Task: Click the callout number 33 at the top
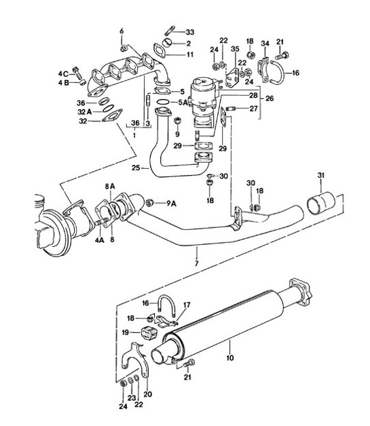[189, 32]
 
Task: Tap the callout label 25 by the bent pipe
[135, 167]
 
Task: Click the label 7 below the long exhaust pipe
[196, 263]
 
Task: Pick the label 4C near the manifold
[63, 73]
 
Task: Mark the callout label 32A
[84, 113]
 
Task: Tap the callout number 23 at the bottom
[132, 398]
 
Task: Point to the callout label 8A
[109, 185]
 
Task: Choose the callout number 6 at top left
[122, 31]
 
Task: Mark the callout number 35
[236, 49]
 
